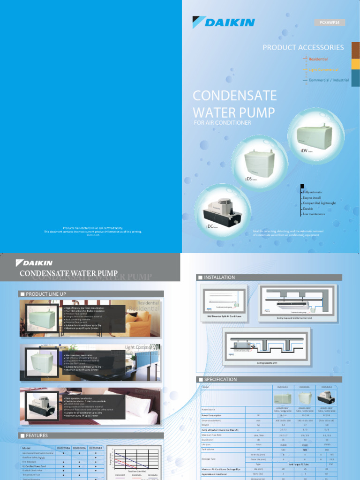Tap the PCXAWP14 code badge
[329, 22]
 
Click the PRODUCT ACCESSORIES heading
[303, 47]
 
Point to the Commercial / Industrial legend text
[329, 80]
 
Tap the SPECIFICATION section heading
[220, 379]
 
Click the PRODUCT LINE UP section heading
[46, 294]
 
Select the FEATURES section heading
[37, 435]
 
